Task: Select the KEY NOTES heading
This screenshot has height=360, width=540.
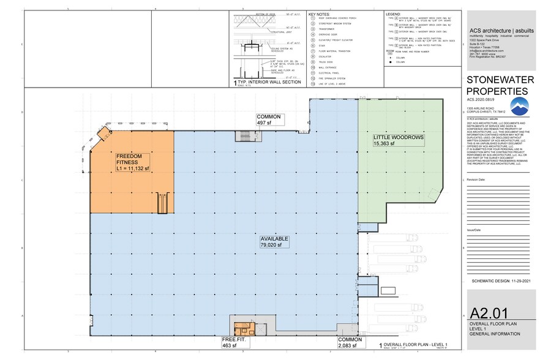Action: pos(320,13)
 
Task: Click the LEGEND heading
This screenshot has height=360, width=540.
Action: pos(392,13)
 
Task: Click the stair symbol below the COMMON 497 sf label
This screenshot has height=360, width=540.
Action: pos(248,135)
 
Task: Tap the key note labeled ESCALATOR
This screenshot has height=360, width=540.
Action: pos(324,56)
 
